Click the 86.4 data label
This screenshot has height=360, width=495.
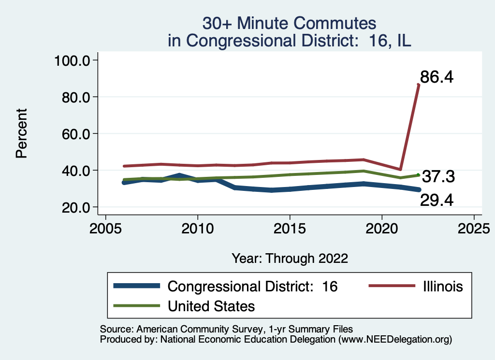[x=437, y=77]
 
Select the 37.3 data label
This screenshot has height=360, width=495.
[x=438, y=177]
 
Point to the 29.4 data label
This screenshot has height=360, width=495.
[x=437, y=199]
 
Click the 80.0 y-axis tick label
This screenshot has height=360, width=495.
[x=75, y=97]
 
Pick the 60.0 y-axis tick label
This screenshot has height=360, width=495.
[x=75, y=134]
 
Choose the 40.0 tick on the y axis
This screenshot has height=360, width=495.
[x=75, y=171]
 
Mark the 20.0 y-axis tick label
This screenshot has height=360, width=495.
[x=75, y=207]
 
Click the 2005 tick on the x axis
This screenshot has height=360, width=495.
[x=105, y=227]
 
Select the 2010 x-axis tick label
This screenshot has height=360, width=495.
[x=197, y=227]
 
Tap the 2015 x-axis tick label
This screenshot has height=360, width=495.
[x=290, y=227]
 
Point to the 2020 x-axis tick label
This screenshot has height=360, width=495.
[x=382, y=227]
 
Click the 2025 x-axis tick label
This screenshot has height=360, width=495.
[x=474, y=227]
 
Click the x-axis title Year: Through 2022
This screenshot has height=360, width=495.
[x=290, y=258]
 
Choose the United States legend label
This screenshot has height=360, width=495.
[x=211, y=306]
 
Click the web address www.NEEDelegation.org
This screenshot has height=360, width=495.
[x=395, y=340]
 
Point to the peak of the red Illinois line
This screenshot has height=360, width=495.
[x=418, y=85]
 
